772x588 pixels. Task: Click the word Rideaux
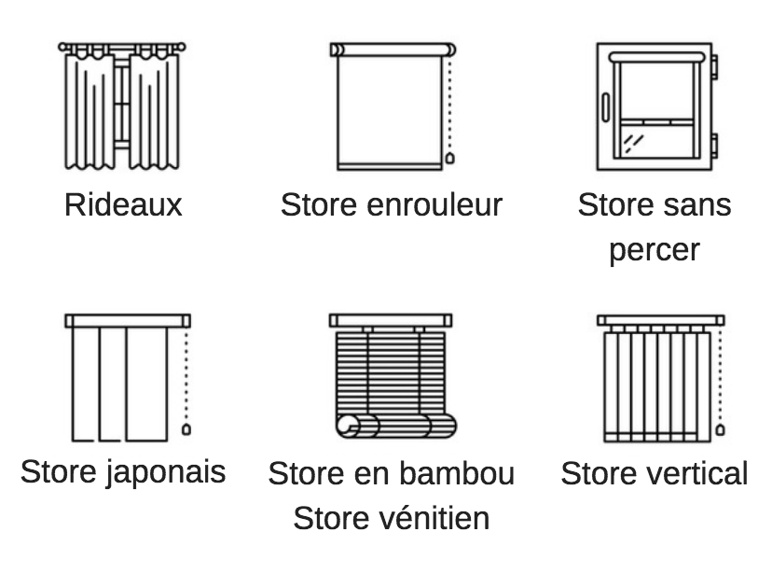click(123, 204)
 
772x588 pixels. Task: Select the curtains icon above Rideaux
click(121, 106)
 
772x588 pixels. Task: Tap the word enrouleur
click(434, 204)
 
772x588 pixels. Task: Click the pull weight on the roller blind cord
click(449, 159)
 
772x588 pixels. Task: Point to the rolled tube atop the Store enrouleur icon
click(393, 49)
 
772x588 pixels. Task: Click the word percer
click(655, 251)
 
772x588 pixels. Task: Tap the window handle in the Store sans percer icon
click(606, 107)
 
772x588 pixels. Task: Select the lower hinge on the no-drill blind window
click(714, 146)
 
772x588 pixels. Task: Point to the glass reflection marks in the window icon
click(633, 144)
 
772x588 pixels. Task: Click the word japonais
click(165, 472)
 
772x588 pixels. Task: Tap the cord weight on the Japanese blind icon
click(186, 429)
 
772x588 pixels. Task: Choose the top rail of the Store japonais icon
click(128, 321)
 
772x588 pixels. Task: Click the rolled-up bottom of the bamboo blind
click(396, 426)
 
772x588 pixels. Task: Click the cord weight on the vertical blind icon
click(720, 429)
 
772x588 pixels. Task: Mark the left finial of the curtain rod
click(62, 47)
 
